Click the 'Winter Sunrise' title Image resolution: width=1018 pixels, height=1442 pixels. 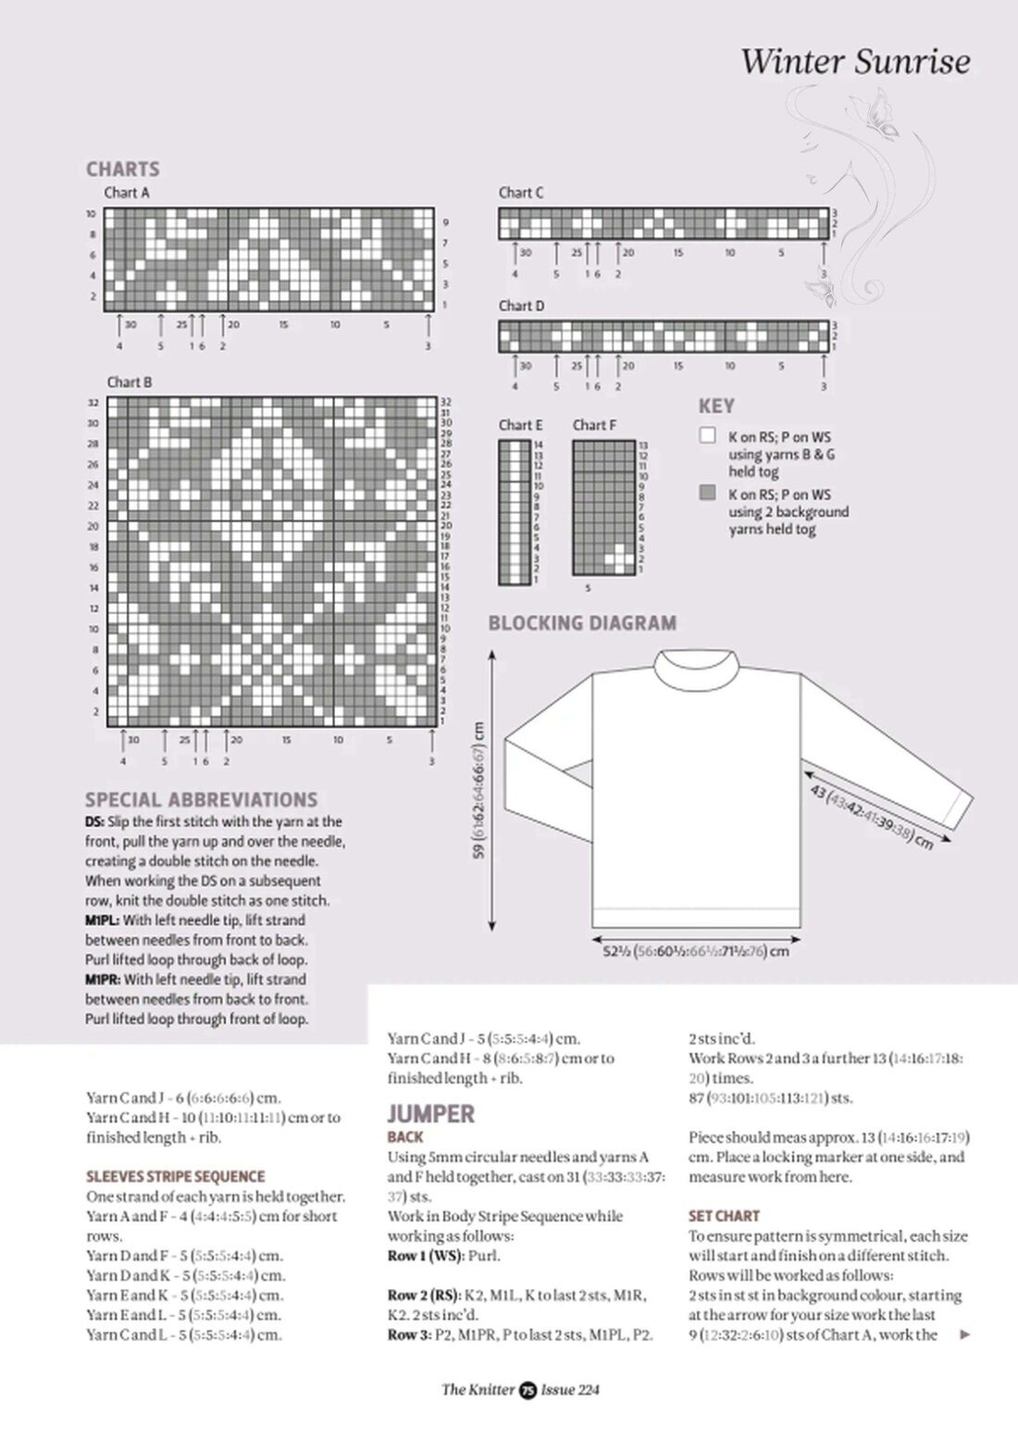point(855,62)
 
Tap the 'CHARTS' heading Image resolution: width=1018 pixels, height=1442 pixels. point(122,169)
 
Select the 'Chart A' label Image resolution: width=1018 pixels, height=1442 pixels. point(127,193)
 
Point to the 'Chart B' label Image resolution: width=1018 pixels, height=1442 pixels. point(130,382)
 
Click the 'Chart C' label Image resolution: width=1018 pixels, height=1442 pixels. point(521,193)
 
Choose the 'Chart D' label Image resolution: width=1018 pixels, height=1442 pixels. point(521,306)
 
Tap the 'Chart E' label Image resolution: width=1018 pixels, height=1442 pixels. point(520,425)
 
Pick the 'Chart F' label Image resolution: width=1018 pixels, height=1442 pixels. point(594,425)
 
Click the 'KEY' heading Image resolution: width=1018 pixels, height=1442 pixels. point(716,407)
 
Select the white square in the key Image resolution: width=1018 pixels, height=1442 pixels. point(708,435)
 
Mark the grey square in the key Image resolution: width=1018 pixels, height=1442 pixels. point(708,493)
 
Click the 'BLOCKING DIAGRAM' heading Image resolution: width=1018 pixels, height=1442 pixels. point(582,623)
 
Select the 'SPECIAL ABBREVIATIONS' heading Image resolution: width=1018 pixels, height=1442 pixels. point(201,800)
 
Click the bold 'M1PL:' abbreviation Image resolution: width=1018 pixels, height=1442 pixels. point(102,921)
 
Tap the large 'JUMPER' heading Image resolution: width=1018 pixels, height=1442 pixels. point(430,1113)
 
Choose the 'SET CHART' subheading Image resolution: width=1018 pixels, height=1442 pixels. point(724,1216)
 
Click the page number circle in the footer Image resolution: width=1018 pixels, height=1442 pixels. point(528,1389)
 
